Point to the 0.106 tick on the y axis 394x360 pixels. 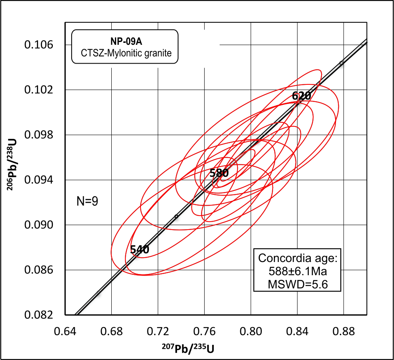pos(39,45)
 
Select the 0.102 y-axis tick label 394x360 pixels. pos(39,90)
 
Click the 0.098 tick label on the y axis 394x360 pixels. pos(39,135)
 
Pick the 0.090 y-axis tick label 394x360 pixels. pos(39,225)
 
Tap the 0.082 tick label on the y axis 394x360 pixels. pos(39,315)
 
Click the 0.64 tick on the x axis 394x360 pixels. pos(65,332)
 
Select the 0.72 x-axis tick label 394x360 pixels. pos(158,332)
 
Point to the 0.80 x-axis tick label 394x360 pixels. pos(251,332)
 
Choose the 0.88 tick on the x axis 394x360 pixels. pos(344,332)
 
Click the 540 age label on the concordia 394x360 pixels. pos(140,250)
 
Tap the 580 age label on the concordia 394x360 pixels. pos(219,173)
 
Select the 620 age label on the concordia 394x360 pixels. pos(302,96)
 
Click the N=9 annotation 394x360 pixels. pos(87,201)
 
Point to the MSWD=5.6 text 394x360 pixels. pos(298,284)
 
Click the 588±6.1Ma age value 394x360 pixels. pos(298,272)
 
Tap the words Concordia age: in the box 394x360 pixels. pos(298,258)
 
